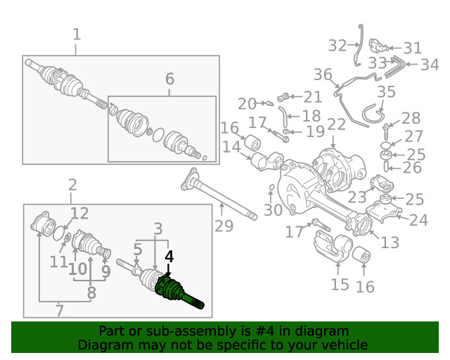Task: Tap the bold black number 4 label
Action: point(169,257)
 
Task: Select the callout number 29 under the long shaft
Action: point(224,226)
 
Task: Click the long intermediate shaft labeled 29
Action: point(219,194)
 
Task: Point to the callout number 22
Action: point(336,124)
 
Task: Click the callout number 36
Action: point(323,75)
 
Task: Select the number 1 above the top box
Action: point(77,34)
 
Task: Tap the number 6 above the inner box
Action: point(169,79)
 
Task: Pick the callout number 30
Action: point(273,210)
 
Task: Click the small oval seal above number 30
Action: point(271,188)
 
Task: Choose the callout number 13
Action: point(390,243)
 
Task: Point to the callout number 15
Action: point(340,285)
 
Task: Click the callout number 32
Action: point(337,46)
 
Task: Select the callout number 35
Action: point(386,91)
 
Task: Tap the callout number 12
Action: point(79,213)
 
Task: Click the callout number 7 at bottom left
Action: point(59,310)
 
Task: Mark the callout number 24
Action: point(419,220)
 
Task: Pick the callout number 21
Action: point(312,97)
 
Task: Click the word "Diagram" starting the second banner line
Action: point(98,345)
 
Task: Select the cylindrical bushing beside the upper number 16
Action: point(252,142)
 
